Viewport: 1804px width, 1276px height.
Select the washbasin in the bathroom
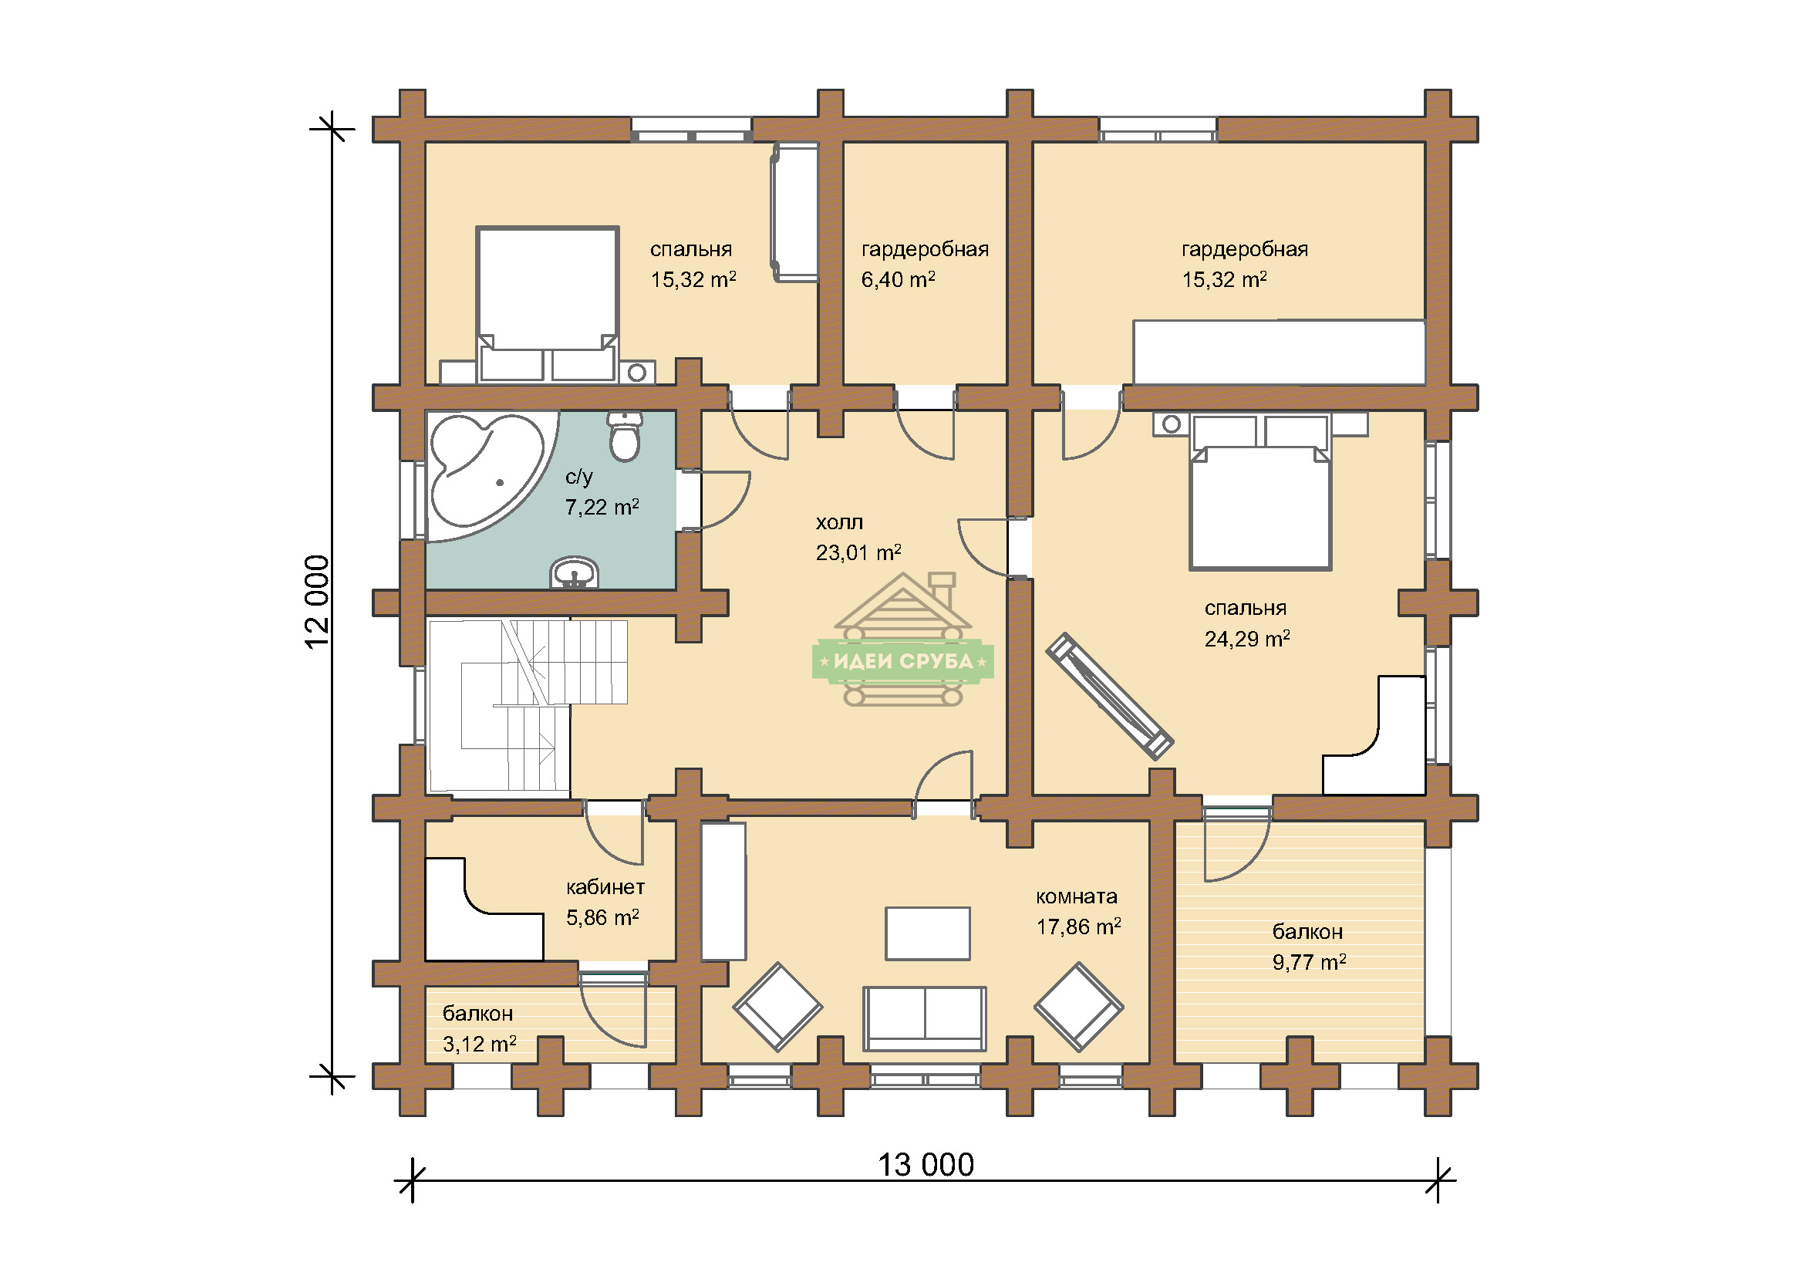click(575, 572)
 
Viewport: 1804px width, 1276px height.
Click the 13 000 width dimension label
click(926, 1165)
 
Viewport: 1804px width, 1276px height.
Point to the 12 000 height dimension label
click(317, 602)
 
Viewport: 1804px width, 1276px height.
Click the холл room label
click(839, 522)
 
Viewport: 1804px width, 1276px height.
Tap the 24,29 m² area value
click(1247, 639)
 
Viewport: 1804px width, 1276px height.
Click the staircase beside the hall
click(527, 705)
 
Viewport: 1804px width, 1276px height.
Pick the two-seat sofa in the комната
click(924, 1018)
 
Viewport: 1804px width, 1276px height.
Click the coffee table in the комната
click(927, 933)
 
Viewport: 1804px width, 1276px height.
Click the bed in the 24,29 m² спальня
click(1260, 492)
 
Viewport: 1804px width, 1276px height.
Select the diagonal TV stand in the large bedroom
click(1109, 696)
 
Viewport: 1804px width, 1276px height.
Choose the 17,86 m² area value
click(1078, 927)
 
